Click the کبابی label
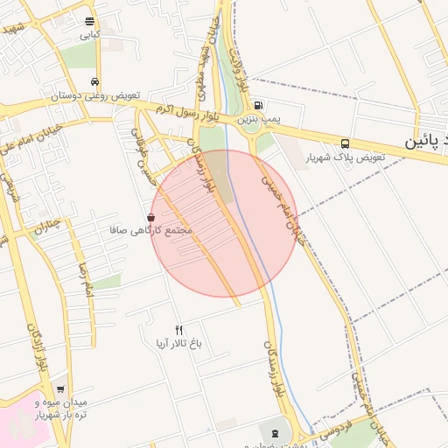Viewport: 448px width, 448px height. (90, 35)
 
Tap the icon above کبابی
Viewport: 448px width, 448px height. (90, 21)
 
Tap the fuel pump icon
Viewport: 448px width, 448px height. (257, 105)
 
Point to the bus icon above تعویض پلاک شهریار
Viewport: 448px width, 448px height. (345, 143)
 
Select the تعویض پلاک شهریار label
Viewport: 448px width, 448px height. (342, 158)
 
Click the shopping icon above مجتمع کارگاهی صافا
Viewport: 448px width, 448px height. (151, 217)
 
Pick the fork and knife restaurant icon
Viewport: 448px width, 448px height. (179, 330)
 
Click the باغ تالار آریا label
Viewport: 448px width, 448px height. (179, 343)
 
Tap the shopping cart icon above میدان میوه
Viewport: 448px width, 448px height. (60, 388)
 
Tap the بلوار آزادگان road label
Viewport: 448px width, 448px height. (35, 350)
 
